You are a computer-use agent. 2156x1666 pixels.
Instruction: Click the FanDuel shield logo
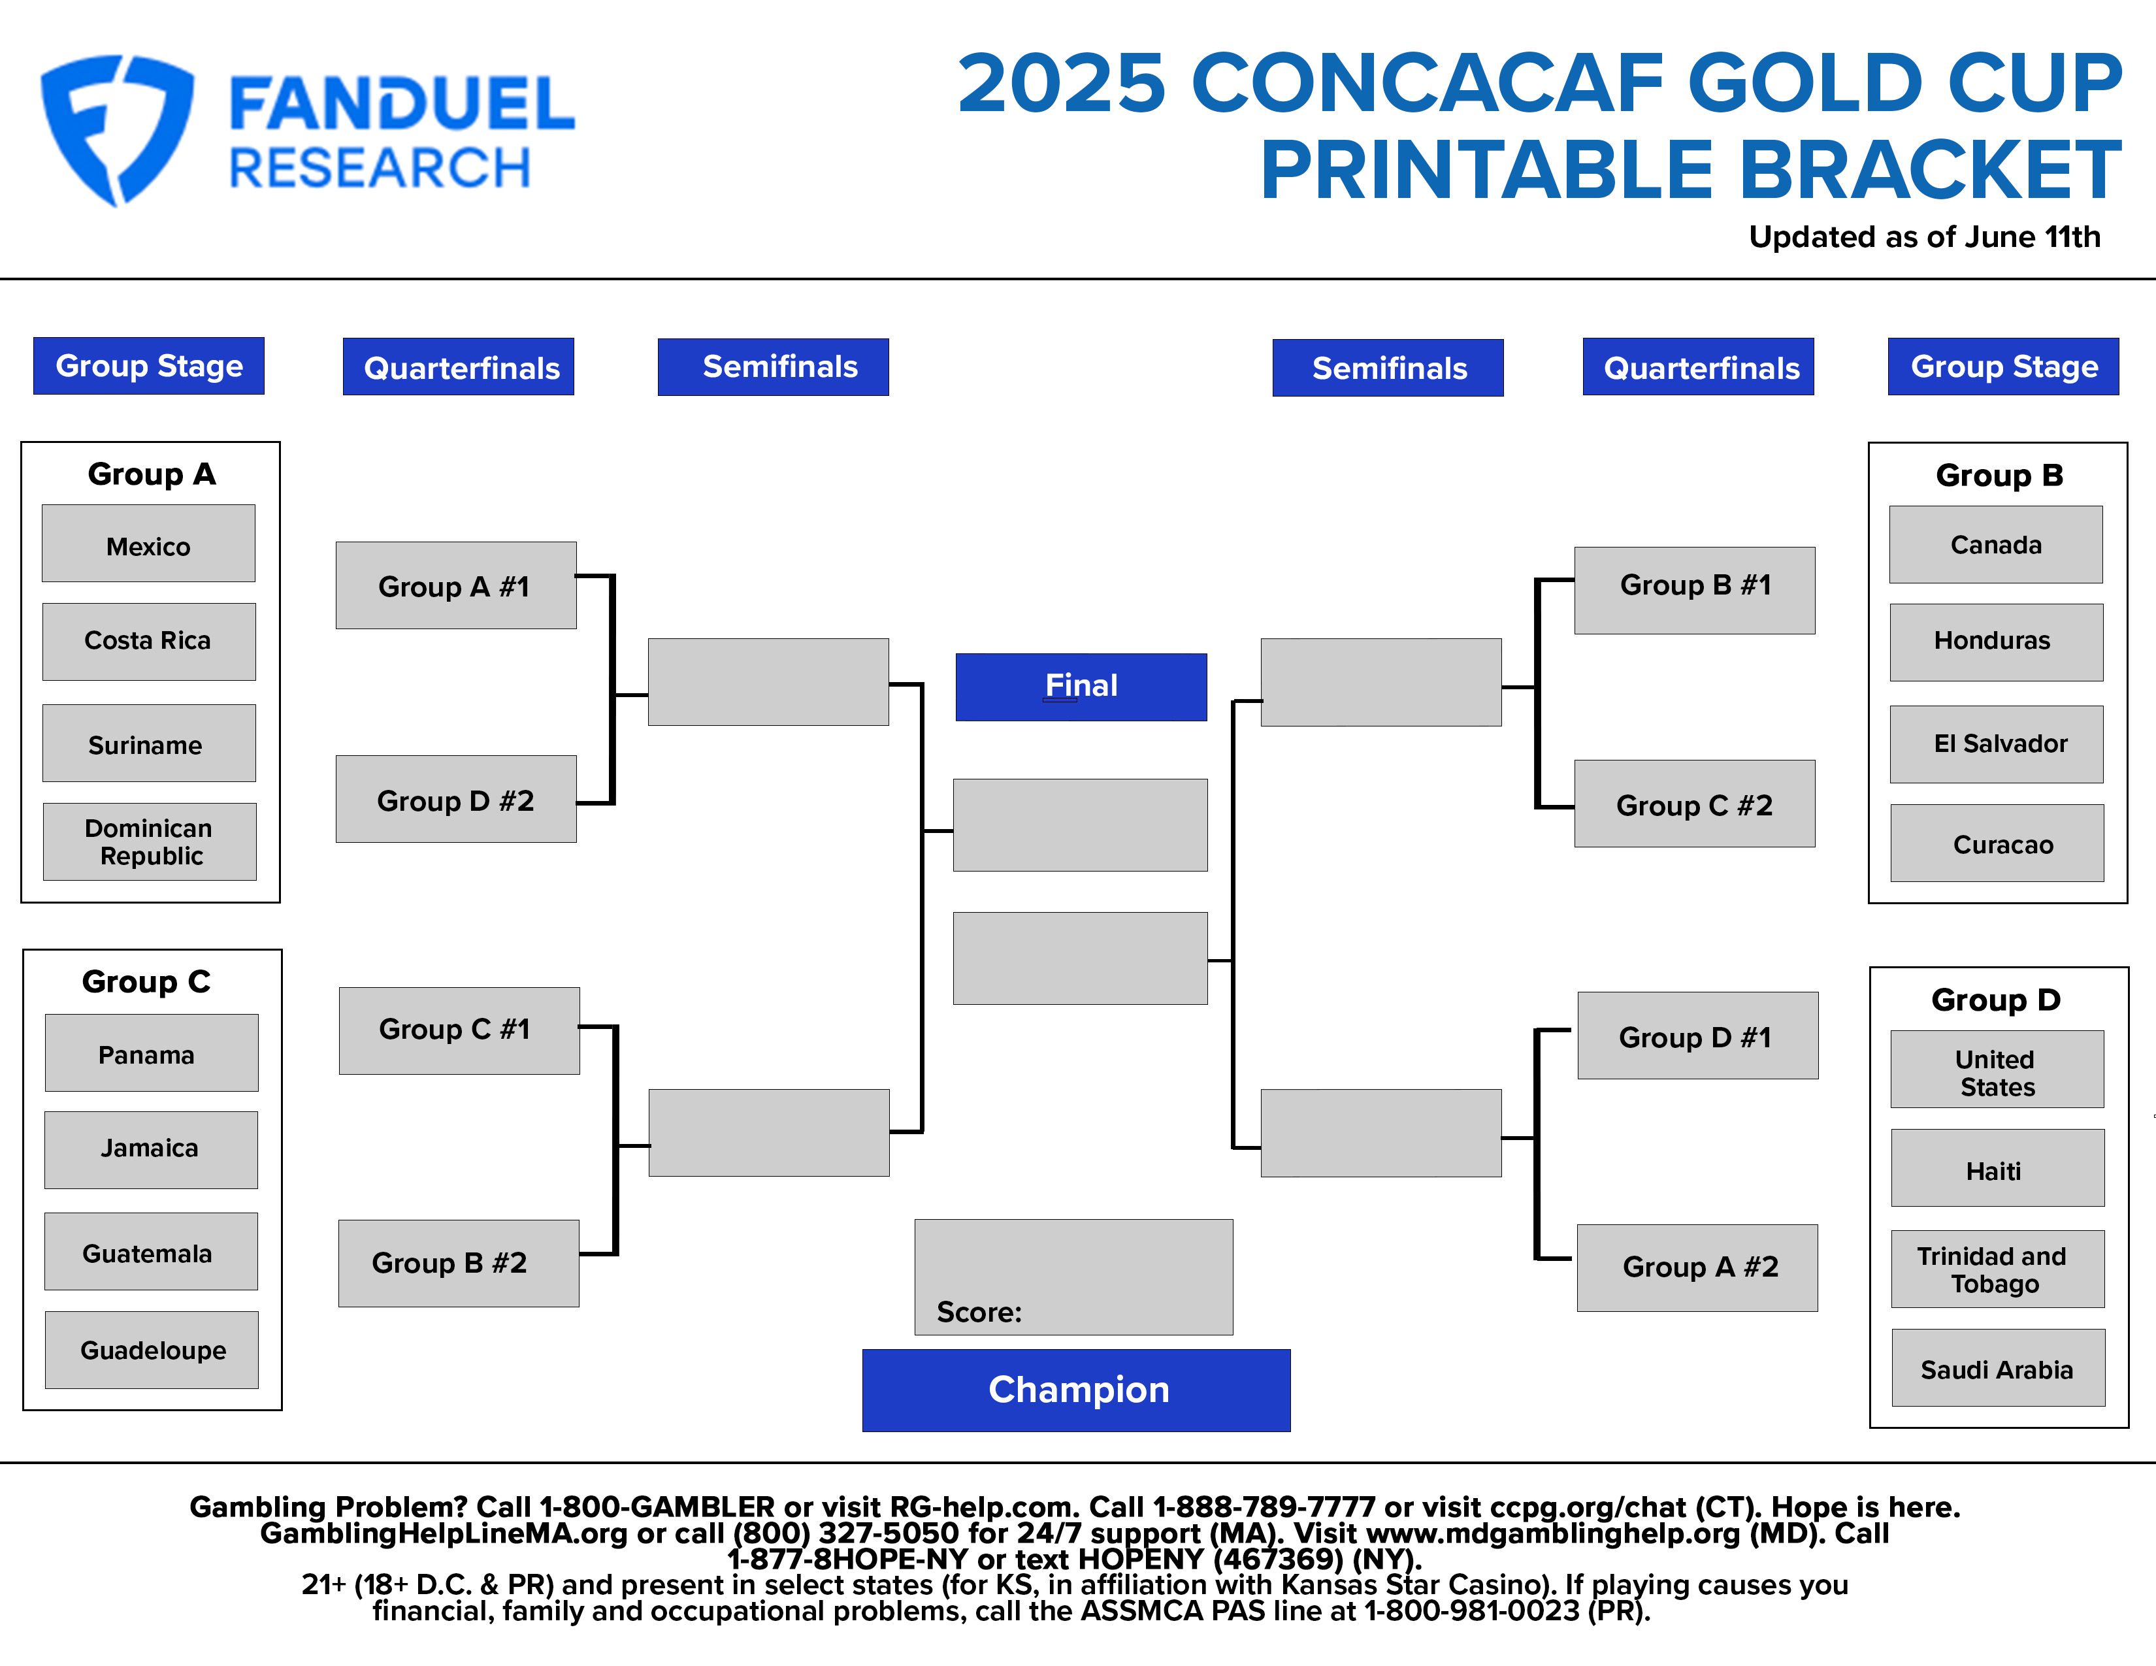tap(116, 128)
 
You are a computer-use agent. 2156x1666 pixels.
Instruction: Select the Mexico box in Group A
tap(148, 544)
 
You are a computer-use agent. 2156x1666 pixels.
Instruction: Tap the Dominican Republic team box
tap(149, 842)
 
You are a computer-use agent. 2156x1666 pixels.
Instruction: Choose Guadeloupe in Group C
tap(152, 1350)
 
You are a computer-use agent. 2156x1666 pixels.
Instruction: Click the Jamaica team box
tap(151, 1150)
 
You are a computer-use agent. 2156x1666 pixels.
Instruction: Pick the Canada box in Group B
tap(1996, 545)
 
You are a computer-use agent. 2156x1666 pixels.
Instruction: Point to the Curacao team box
tap(1997, 843)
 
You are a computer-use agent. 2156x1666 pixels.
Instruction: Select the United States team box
tap(1997, 1070)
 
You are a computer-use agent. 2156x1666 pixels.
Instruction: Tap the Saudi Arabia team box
tap(1998, 1368)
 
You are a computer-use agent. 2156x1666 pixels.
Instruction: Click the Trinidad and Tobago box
tap(1998, 1269)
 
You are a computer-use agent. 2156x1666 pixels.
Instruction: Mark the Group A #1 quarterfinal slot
tap(456, 585)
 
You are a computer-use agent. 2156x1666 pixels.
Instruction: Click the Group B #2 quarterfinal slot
tap(459, 1264)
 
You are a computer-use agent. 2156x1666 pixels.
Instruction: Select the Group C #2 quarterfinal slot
tap(1695, 804)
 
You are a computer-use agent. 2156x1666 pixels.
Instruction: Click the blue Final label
tap(1081, 687)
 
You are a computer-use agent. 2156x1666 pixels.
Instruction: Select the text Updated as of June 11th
tap(1924, 237)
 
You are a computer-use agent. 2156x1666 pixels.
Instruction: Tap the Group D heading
tap(1996, 1000)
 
